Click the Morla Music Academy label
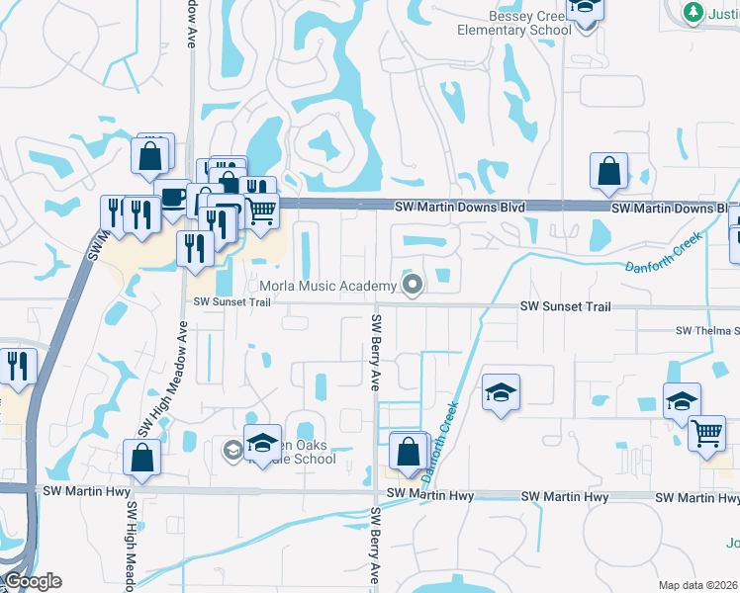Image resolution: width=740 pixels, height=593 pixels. [327, 287]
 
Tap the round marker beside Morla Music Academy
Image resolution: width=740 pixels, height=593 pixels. [415, 287]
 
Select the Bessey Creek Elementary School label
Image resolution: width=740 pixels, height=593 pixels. [513, 23]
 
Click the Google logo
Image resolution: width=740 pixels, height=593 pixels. [33, 581]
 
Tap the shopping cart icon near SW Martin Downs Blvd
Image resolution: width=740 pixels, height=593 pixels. [261, 211]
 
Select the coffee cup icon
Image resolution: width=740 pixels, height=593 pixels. [173, 197]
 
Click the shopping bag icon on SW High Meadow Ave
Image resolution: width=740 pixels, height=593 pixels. [141, 458]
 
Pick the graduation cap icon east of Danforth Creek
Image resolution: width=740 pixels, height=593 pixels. [501, 392]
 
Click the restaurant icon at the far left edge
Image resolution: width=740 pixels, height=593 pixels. [17, 366]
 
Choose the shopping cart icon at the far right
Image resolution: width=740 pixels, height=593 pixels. [706, 433]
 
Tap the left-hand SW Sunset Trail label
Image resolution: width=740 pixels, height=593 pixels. [231, 301]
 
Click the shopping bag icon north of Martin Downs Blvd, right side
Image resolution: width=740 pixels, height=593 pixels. [608, 171]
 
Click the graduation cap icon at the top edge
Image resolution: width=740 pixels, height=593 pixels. [584, 10]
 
